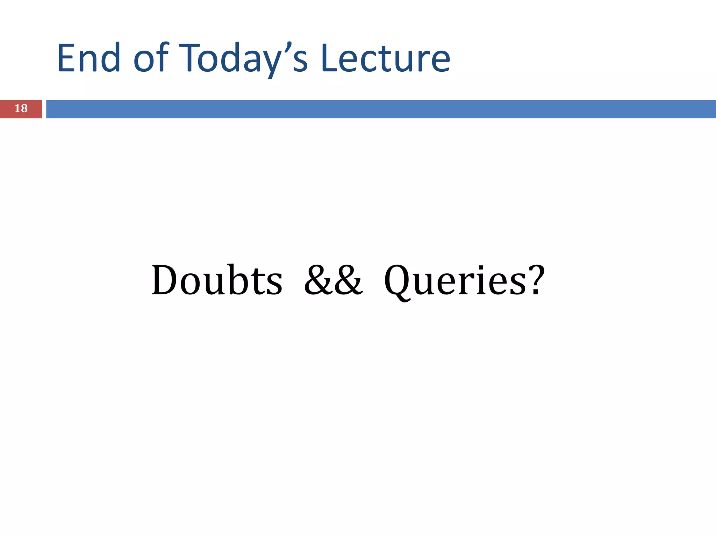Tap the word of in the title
151,58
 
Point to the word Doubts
217,280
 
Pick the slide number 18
21,109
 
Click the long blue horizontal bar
381,109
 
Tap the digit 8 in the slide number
24,109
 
